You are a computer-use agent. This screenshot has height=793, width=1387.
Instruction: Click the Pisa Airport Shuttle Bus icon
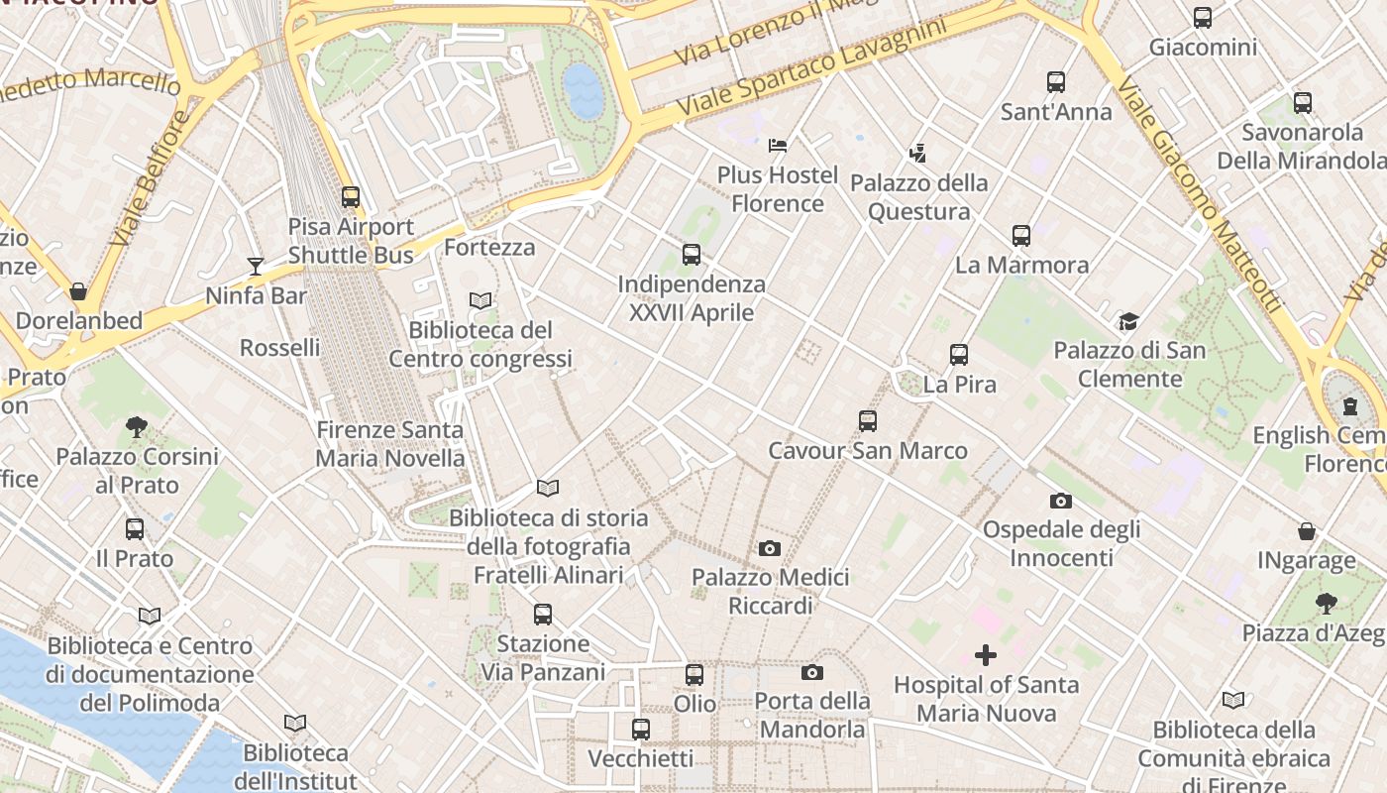click(350, 197)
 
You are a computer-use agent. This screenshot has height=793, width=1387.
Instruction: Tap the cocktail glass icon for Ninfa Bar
click(256, 266)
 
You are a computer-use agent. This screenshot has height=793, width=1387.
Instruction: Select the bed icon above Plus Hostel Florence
click(778, 146)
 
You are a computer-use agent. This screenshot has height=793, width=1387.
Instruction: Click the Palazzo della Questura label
click(918, 197)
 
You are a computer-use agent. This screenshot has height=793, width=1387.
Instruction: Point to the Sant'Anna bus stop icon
click(1056, 82)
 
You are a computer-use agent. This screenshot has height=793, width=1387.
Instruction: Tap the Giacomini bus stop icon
click(1203, 18)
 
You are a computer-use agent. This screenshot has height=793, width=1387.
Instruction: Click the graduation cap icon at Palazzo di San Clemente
click(1128, 321)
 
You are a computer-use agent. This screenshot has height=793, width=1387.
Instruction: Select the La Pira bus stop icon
click(959, 355)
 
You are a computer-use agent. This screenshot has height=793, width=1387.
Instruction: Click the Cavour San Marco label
click(868, 451)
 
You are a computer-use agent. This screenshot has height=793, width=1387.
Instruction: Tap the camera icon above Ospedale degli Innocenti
click(1061, 501)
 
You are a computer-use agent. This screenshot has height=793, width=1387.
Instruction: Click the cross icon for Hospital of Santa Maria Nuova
click(986, 655)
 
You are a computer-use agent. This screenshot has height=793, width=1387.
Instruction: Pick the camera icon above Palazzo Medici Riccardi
click(770, 548)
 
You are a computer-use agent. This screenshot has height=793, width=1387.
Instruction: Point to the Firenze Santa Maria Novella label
click(389, 444)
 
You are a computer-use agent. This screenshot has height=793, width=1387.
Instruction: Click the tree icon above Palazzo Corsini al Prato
click(137, 427)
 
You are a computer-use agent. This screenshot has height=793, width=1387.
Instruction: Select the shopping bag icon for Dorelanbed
click(78, 291)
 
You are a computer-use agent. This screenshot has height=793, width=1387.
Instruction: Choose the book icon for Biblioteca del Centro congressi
click(480, 300)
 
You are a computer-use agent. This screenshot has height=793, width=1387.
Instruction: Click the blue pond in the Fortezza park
click(583, 91)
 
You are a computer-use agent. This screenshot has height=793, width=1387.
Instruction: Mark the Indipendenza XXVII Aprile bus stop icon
click(692, 255)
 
